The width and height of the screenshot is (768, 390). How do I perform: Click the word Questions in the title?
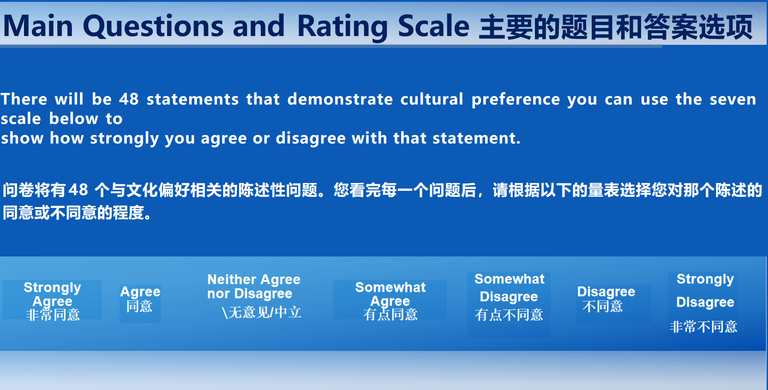(153, 27)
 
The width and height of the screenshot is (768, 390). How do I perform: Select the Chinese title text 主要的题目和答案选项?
(616, 27)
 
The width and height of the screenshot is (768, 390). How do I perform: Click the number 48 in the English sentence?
(129, 99)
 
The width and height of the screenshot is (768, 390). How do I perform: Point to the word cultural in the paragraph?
(432, 99)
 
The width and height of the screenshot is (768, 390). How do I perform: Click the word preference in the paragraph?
(516, 100)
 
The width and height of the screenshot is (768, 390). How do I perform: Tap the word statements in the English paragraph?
(192, 99)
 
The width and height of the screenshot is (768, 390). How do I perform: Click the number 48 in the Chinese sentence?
(78, 190)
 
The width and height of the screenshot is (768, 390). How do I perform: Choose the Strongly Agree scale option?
(53, 301)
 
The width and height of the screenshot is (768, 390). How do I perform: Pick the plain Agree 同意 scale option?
(140, 299)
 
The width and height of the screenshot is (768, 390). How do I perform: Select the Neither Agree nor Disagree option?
(254, 296)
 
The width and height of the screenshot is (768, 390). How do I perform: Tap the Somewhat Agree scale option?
(390, 301)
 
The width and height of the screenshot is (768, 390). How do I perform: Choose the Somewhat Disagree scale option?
(509, 297)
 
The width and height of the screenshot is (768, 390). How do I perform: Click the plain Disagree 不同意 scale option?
(606, 299)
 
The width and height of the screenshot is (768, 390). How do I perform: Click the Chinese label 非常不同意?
(703, 327)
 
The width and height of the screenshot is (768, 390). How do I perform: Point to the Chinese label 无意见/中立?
(262, 312)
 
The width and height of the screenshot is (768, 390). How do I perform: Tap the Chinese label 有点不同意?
(509, 315)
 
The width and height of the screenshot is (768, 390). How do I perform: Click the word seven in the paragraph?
(732, 99)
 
